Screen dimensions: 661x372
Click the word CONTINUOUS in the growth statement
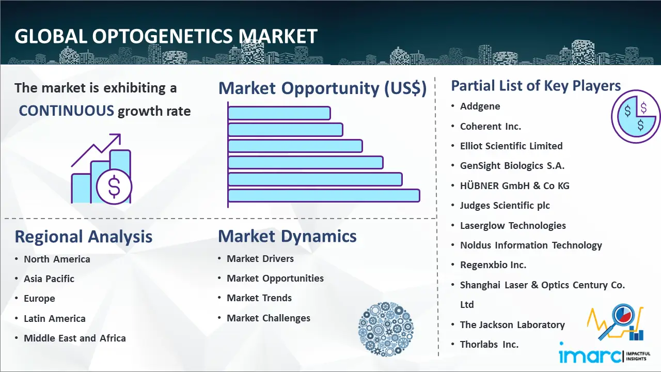pos(67,111)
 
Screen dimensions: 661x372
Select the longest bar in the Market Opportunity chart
pos(324,196)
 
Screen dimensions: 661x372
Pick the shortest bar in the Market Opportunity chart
pos(279,113)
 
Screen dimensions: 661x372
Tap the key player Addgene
pos(480,106)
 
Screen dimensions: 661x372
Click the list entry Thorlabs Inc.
pos(489,344)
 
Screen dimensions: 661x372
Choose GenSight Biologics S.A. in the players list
pos(512,166)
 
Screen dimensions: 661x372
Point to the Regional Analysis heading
pos(84,237)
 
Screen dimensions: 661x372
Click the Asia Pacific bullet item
pos(49,278)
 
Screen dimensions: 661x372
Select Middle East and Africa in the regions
pos(75,338)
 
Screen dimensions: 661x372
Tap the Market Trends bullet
pos(259,298)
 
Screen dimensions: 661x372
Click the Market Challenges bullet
pos(269,318)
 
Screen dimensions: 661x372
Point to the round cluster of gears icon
pos(386,329)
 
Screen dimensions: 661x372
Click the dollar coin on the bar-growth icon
pos(114,187)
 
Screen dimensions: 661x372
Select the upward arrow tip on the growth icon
pos(120,135)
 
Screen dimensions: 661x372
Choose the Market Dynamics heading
pos(287,236)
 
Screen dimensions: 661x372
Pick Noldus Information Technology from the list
pos(531,245)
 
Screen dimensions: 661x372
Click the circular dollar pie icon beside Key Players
pos(636,117)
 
